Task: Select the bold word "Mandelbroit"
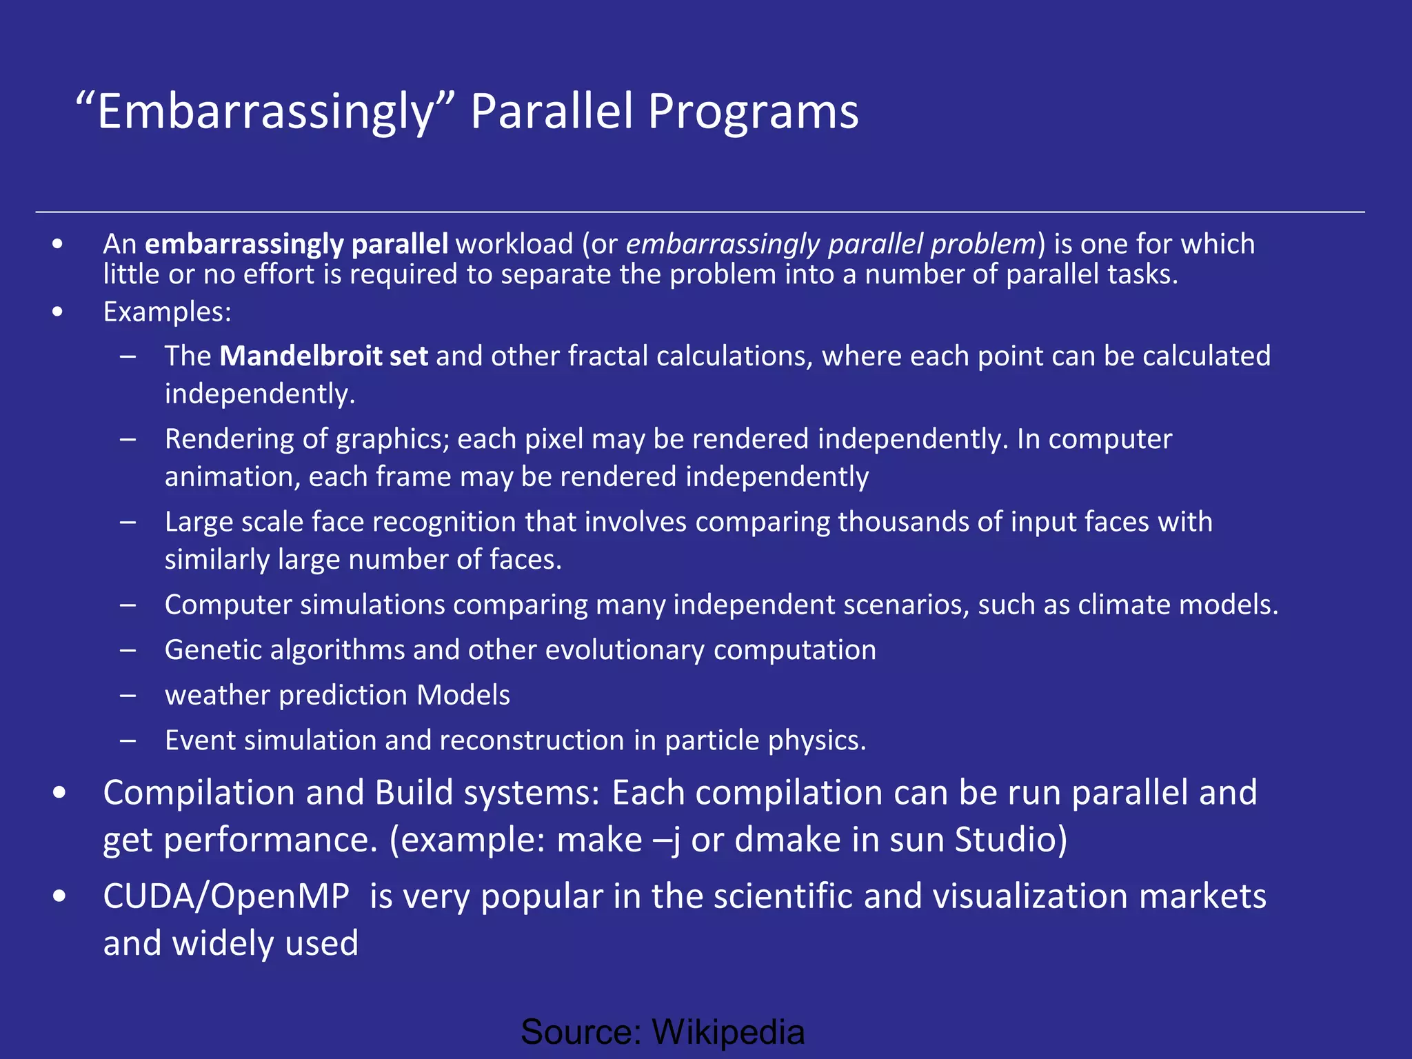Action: [x=301, y=356]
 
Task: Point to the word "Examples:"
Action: [x=168, y=312]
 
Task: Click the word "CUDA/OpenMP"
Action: [x=226, y=896]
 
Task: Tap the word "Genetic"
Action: [x=213, y=650]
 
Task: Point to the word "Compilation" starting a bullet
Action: [x=199, y=793]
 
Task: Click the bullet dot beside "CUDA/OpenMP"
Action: [x=59, y=896]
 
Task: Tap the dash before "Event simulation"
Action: [x=128, y=740]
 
